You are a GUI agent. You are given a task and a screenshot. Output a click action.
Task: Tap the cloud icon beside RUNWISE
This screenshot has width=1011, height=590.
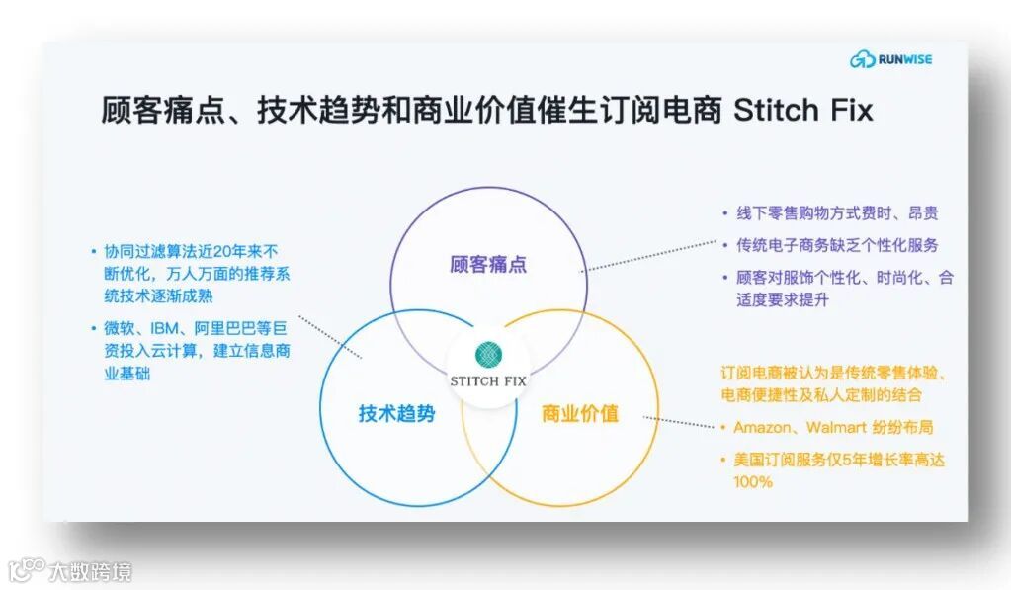tap(862, 60)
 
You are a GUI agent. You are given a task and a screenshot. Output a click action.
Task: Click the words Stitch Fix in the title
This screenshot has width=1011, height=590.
tap(802, 110)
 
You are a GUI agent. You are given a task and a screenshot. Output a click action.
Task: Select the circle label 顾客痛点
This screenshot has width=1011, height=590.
tap(488, 264)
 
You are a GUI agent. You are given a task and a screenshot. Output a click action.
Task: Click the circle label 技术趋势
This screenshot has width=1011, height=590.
tap(396, 413)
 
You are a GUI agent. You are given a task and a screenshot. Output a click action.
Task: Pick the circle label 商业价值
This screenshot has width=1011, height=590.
tap(580, 413)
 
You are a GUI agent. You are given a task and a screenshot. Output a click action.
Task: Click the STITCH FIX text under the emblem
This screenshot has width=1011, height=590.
tap(488, 379)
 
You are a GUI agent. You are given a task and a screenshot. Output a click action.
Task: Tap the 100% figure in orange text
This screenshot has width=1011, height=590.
tap(752, 482)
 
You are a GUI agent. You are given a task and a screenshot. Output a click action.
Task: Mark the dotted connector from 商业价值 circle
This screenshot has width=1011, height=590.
tap(682, 423)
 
